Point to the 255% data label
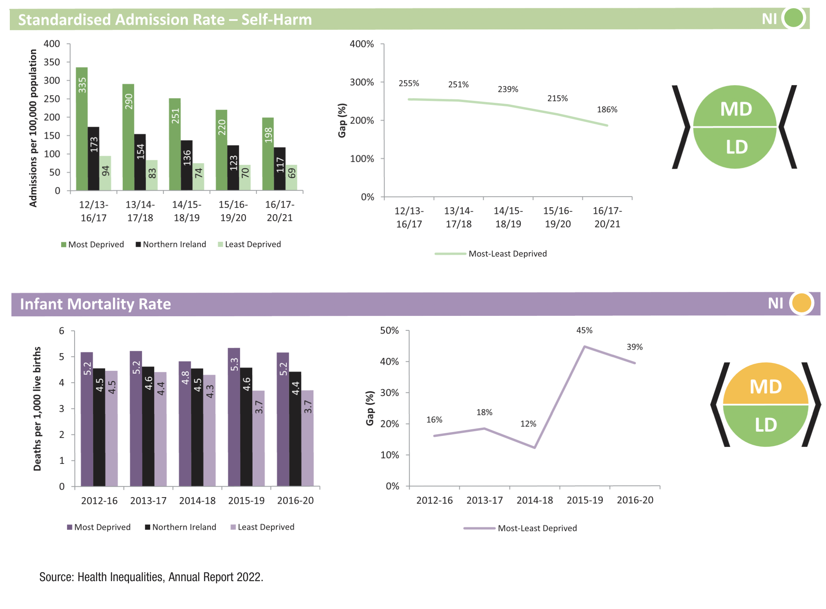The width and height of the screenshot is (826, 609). coord(409,84)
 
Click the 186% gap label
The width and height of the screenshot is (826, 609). coord(607,110)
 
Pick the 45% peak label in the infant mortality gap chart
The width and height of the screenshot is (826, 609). coord(584,330)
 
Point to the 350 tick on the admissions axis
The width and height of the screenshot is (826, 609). coord(52,62)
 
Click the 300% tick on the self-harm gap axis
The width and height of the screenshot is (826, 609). coord(362,82)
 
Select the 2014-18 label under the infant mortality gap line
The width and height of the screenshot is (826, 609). coord(535,500)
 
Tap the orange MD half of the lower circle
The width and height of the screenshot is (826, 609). coord(765,385)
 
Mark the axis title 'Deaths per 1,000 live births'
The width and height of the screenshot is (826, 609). coord(37,408)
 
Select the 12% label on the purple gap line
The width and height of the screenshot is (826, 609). coord(528,424)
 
